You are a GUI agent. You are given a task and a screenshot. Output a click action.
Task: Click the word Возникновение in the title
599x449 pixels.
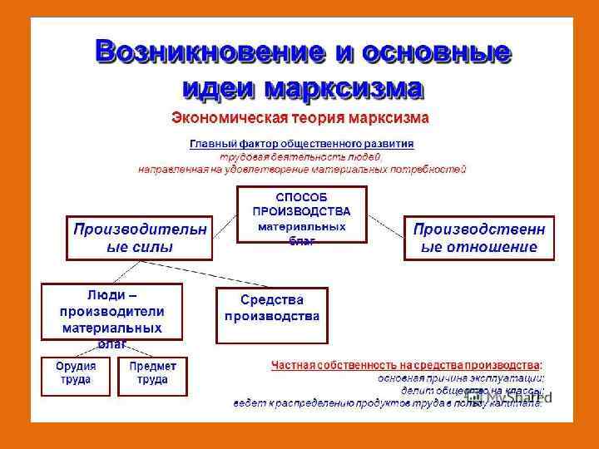point(209,52)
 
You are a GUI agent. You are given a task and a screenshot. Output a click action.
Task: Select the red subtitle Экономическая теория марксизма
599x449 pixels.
point(299,118)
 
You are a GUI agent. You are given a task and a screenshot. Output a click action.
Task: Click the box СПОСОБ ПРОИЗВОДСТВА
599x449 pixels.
point(301,213)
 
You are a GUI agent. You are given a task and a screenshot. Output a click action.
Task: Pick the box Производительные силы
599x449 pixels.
point(139,238)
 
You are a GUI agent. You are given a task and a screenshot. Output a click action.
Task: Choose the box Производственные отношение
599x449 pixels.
point(479,238)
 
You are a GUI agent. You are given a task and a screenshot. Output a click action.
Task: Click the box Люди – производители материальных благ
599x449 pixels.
point(111,312)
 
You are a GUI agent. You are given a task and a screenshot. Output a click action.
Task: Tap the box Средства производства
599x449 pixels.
point(271,315)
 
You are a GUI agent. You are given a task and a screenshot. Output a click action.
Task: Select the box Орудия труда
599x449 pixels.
point(76,375)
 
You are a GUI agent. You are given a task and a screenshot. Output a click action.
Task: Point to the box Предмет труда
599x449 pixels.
point(152,375)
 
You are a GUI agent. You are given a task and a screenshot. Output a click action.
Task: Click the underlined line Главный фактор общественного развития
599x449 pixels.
point(301,144)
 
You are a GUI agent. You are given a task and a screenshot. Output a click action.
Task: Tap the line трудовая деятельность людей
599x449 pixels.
point(300,156)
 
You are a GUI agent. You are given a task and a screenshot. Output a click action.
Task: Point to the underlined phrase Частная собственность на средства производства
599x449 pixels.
point(404,365)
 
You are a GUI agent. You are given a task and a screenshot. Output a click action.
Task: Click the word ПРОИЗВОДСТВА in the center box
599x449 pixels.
point(301,212)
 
